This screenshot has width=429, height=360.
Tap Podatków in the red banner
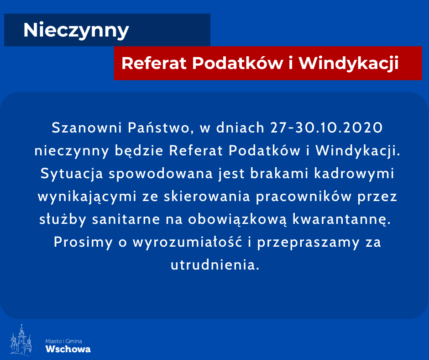[x=237, y=64]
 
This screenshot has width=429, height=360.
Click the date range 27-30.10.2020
[x=326, y=127]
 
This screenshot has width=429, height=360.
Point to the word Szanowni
[x=87, y=127]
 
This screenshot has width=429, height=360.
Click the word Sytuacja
[x=72, y=174]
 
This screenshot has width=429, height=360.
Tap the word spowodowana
[x=161, y=174]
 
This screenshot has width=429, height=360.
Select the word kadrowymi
[x=354, y=174]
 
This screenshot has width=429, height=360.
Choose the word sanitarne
[x=126, y=219]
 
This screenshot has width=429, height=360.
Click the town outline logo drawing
[x=21, y=340]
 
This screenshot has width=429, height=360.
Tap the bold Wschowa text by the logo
[x=68, y=349]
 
